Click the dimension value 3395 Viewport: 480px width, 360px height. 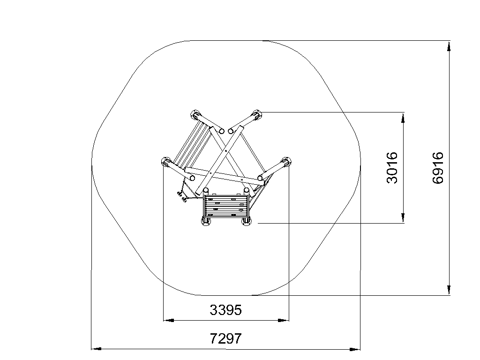coord(225,310)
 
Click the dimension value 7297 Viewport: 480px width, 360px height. coord(225,338)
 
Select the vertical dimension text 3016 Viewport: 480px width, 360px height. coord(392,167)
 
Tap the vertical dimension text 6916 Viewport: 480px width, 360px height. coord(438,167)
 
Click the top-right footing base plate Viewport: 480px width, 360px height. coord(256,115)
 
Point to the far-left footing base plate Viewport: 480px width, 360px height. coord(166,162)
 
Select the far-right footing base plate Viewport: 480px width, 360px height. coord(286,162)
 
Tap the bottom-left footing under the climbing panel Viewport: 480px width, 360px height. coord(206,221)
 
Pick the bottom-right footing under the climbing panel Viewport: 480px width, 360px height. coord(247,221)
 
